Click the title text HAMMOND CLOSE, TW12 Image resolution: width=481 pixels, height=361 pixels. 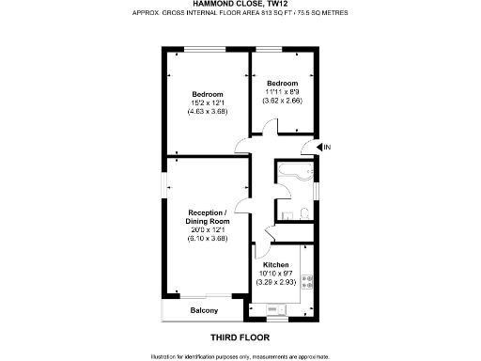(x=240, y=4)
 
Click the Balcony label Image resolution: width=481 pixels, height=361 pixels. (x=204, y=311)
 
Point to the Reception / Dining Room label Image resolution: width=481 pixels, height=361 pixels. (x=207, y=217)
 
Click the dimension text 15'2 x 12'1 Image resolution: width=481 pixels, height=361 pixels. (x=207, y=103)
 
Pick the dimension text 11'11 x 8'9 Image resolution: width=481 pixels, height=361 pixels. (x=283, y=91)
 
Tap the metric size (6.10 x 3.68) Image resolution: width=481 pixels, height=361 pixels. (x=207, y=238)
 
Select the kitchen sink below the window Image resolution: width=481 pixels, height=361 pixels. (x=273, y=308)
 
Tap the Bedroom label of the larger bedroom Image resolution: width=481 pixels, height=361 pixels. (x=207, y=94)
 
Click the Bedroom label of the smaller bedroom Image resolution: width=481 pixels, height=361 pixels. (x=283, y=83)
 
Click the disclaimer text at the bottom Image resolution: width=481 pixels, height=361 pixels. (x=240, y=356)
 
